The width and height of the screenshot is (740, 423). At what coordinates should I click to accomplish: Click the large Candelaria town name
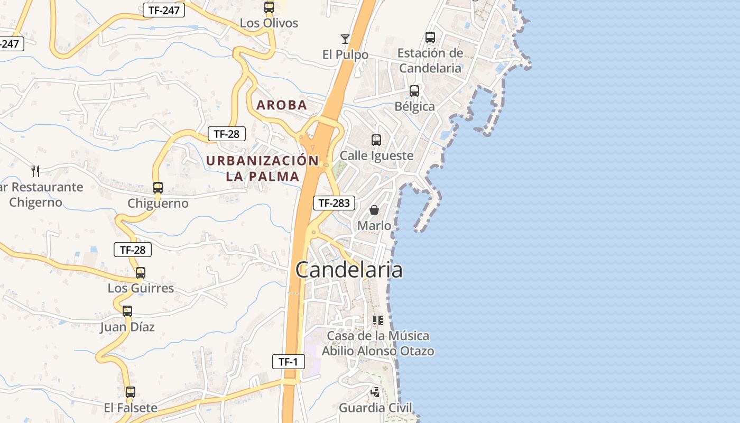tap(349, 270)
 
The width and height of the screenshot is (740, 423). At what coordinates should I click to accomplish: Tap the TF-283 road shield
tap(334, 203)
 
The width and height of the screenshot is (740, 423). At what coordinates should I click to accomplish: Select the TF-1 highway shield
tap(289, 362)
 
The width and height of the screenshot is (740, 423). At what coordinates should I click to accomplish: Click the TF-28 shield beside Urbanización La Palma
tap(226, 134)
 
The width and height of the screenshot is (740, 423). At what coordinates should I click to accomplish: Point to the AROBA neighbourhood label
tap(282, 105)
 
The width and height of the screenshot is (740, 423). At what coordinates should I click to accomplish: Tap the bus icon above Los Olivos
tap(269, 7)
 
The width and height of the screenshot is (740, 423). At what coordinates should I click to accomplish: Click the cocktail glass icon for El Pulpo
tap(345, 39)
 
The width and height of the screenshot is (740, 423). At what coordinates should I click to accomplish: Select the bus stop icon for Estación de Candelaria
tap(430, 38)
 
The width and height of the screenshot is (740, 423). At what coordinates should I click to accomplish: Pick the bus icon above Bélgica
tap(414, 91)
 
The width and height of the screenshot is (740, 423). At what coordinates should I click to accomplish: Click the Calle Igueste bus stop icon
tap(376, 140)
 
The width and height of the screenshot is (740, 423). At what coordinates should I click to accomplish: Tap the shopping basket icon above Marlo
tap(374, 210)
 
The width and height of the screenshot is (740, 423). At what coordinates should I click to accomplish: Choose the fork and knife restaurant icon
tap(35, 171)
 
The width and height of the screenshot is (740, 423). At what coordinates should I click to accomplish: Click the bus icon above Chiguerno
tap(158, 187)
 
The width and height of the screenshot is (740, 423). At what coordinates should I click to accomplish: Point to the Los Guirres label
tap(141, 288)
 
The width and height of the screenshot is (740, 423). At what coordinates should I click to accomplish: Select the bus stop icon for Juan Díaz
tap(127, 311)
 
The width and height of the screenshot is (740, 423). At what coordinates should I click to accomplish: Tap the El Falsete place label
tap(131, 408)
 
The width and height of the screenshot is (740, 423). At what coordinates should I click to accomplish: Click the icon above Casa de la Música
tap(377, 320)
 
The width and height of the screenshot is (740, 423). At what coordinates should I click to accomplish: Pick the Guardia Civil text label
tap(375, 408)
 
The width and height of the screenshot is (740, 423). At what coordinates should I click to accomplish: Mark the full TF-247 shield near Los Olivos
tap(164, 10)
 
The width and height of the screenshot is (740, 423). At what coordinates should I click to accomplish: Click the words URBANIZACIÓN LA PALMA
tap(263, 168)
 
